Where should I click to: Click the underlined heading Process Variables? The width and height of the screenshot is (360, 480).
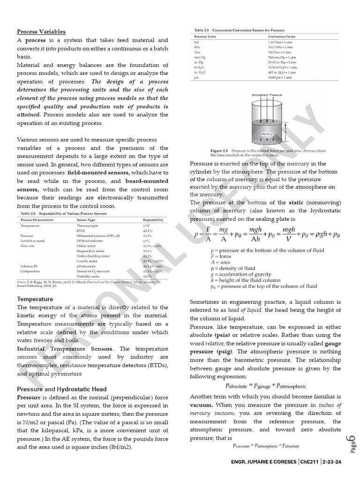pyautogui.click(x=41, y=32)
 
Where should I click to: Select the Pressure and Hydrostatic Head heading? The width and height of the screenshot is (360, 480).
pyautogui.click(x=62, y=389)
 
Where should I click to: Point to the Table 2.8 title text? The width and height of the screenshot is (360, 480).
pyautogui.click(x=62, y=213)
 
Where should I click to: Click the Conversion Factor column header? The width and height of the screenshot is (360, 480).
pyautogui.click(x=282, y=37)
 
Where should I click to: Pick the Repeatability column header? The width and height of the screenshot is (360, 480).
pyautogui.click(x=153, y=219)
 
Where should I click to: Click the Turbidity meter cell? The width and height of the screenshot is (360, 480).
pyautogui.click(x=88, y=276)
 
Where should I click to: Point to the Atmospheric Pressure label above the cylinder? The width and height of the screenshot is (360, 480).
pyautogui.click(x=267, y=95)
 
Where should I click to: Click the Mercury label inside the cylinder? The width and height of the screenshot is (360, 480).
pyautogui.click(x=267, y=134)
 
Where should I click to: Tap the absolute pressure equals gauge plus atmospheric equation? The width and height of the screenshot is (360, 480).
pyautogui.click(x=266, y=386)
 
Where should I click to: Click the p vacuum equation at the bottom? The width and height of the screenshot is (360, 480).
pyautogui.click(x=266, y=446)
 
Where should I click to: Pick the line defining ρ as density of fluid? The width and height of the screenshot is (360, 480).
pyautogui.click(x=233, y=268)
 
